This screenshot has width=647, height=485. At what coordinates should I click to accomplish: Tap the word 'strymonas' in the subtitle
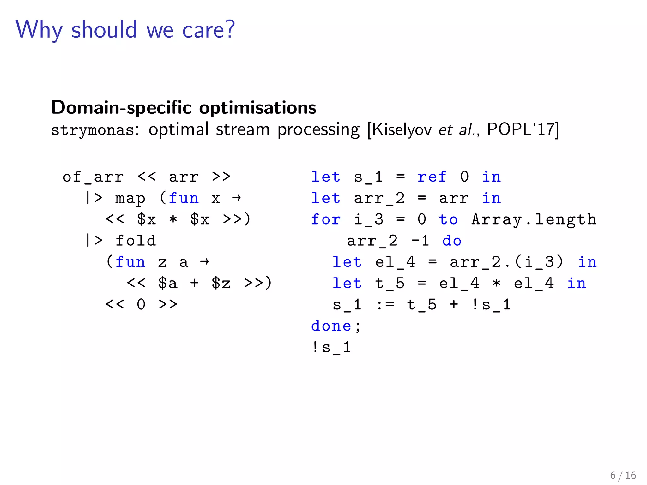coord(93,130)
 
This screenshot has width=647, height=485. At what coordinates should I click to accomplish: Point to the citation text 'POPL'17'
coord(521,129)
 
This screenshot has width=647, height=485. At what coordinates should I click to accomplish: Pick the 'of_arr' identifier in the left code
coord(93,177)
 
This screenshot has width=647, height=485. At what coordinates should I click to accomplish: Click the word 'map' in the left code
coord(130,199)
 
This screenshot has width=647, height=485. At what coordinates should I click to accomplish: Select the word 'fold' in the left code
coord(136,241)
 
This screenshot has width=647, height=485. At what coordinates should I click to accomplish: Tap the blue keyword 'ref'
coord(432,177)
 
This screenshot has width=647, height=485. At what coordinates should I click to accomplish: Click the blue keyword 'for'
coord(326,219)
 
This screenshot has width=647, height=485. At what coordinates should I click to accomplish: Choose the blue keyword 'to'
coord(448,219)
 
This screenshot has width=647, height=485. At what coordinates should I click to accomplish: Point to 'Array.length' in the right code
coord(534,219)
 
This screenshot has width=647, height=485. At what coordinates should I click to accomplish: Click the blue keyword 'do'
coord(452,241)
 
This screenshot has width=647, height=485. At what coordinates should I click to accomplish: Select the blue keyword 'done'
coord(331,326)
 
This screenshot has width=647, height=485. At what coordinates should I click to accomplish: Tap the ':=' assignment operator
coord(385,305)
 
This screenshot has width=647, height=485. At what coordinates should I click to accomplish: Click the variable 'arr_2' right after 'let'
coord(379,199)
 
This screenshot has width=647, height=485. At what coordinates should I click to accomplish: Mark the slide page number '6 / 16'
coord(623,475)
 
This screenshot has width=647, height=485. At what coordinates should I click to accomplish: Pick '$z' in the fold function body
coord(221,283)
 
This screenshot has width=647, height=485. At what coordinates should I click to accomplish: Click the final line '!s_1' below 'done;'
coord(331,347)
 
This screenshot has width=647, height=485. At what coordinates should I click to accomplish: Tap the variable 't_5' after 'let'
coord(390,283)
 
